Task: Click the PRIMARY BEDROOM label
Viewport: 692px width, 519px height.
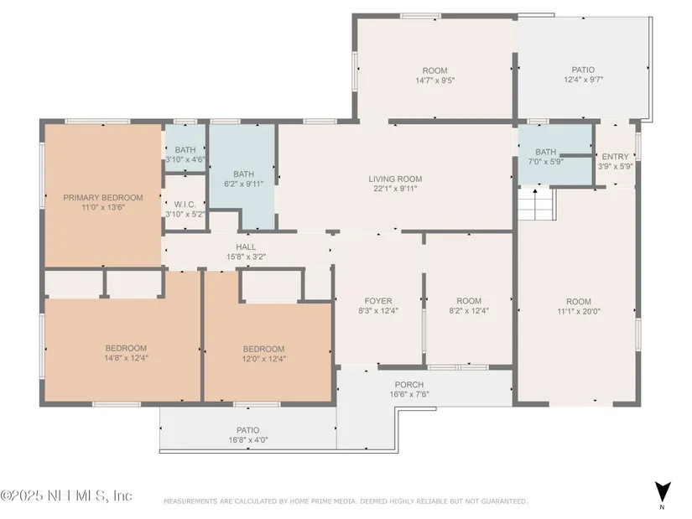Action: pyautogui.click(x=103, y=198)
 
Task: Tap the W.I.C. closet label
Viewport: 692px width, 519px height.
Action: pyautogui.click(x=185, y=205)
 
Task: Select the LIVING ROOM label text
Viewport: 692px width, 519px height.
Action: pyautogui.click(x=395, y=179)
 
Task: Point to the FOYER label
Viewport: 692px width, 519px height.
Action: pyautogui.click(x=378, y=301)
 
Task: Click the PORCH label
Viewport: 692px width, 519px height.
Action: pyautogui.click(x=409, y=384)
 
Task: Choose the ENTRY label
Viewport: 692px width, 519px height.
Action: pyautogui.click(x=615, y=157)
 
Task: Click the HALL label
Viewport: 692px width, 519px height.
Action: pyautogui.click(x=246, y=247)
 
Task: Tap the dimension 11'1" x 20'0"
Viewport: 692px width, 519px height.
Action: pyautogui.click(x=579, y=311)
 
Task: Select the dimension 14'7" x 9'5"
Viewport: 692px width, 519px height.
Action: pyautogui.click(x=435, y=80)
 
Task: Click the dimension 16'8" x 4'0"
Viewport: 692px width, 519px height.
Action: pyautogui.click(x=248, y=439)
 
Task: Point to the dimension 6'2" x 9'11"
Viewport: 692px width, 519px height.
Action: pyautogui.click(x=243, y=184)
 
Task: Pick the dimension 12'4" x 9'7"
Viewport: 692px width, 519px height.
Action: pyautogui.click(x=584, y=80)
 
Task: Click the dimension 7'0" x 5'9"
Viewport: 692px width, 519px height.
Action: pyautogui.click(x=546, y=162)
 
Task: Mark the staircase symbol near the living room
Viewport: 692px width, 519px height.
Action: pyautogui.click(x=536, y=205)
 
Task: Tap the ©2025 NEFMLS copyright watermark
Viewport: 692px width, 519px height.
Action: pyautogui.click(x=66, y=496)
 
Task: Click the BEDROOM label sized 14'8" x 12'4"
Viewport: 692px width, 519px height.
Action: pyautogui.click(x=126, y=348)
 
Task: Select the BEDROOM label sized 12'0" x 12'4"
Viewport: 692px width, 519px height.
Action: pyautogui.click(x=264, y=349)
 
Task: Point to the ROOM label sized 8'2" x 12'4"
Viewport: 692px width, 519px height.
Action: pyautogui.click(x=469, y=301)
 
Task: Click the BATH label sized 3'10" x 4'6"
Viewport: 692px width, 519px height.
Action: pyautogui.click(x=185, y=150)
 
